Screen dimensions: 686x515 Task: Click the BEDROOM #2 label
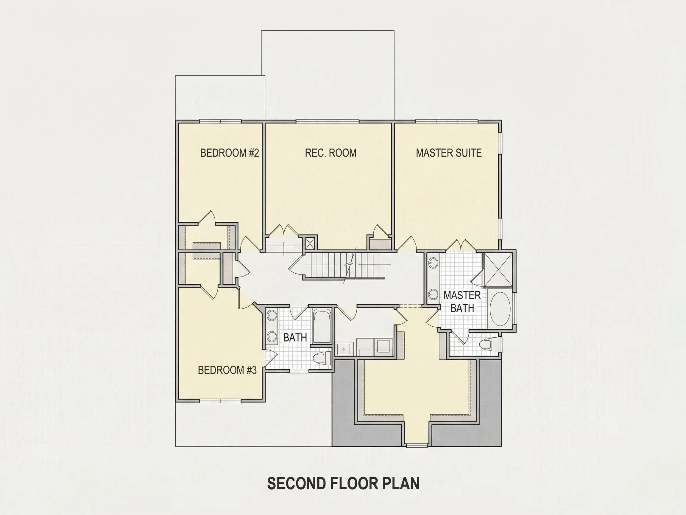tap(229, 153)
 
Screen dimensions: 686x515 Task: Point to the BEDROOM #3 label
tap(227, 370)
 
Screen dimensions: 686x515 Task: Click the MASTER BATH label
tap(462, 301)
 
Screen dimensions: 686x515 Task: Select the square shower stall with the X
tap(498, 269)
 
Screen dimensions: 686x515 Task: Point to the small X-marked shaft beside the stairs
tap(310, 243)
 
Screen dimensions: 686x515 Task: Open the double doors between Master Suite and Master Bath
tap(461, 245)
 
